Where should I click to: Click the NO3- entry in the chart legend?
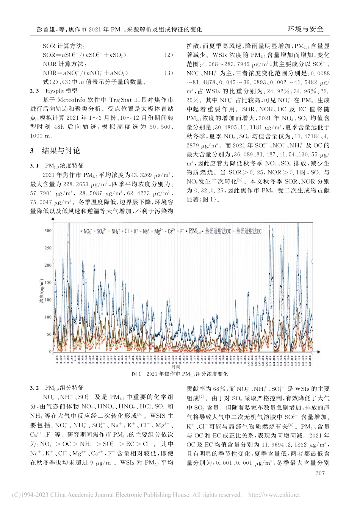click(x=87, y=231)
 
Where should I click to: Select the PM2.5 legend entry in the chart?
click(x=195, y=231)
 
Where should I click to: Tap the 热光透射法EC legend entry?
click(x=249, y=231)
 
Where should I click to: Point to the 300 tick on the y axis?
click(x=48, y=231)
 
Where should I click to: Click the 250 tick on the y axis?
click(x=48, y=248)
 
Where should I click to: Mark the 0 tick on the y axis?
click(x=50, y=352)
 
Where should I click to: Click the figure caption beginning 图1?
click(x=180, y=374)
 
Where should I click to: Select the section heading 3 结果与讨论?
click(x=55, y=151)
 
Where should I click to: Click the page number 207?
click(x=320, y=473)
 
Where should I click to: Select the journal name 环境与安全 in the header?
click(x=306, y=29)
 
